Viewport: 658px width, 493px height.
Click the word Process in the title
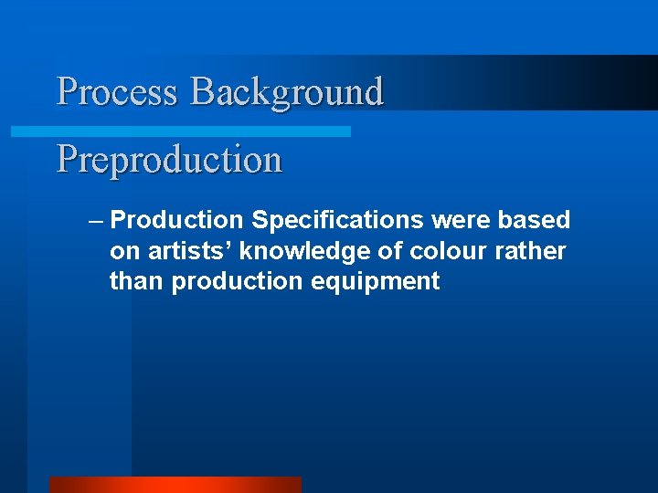(118, 92)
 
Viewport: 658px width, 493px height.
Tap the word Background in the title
(286, 92)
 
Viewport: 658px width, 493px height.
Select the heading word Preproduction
(169, 160)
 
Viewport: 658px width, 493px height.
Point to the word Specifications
(337, 221)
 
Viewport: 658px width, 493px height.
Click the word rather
(532, 251)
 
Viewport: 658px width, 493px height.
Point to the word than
(137, 281)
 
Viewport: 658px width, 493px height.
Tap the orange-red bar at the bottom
(175, 485)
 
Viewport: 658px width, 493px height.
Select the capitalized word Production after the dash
(176, 221)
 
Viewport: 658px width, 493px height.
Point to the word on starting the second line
(122, 251)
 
